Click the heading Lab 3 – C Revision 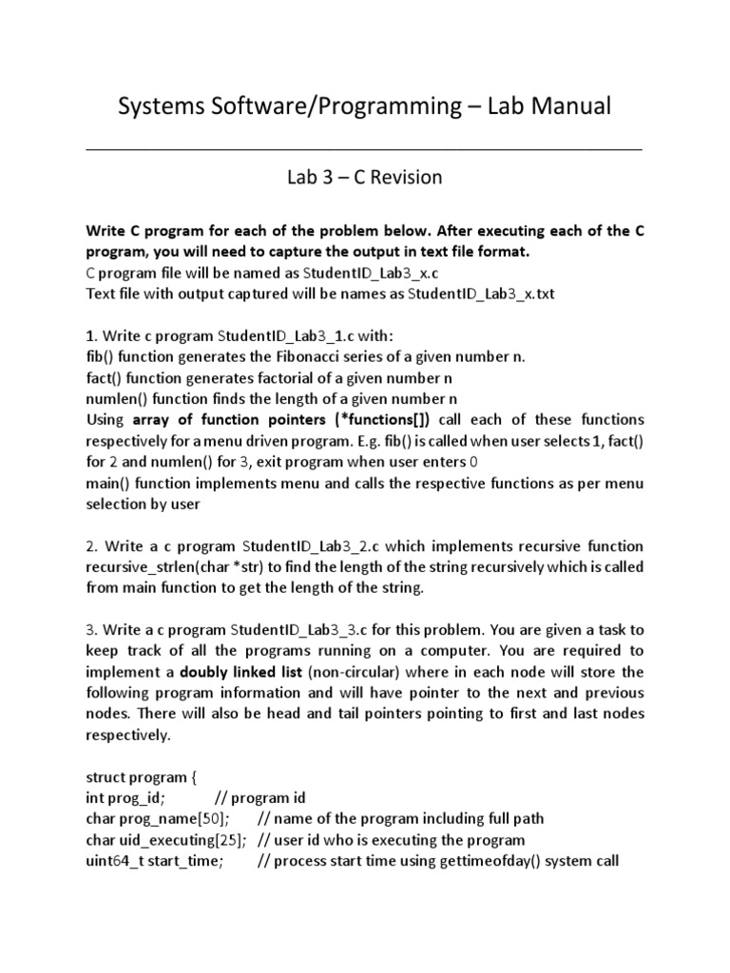(365, 178)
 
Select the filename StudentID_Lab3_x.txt (480, 294)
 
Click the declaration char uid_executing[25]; (166, 839)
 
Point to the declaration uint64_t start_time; (155, 861)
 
